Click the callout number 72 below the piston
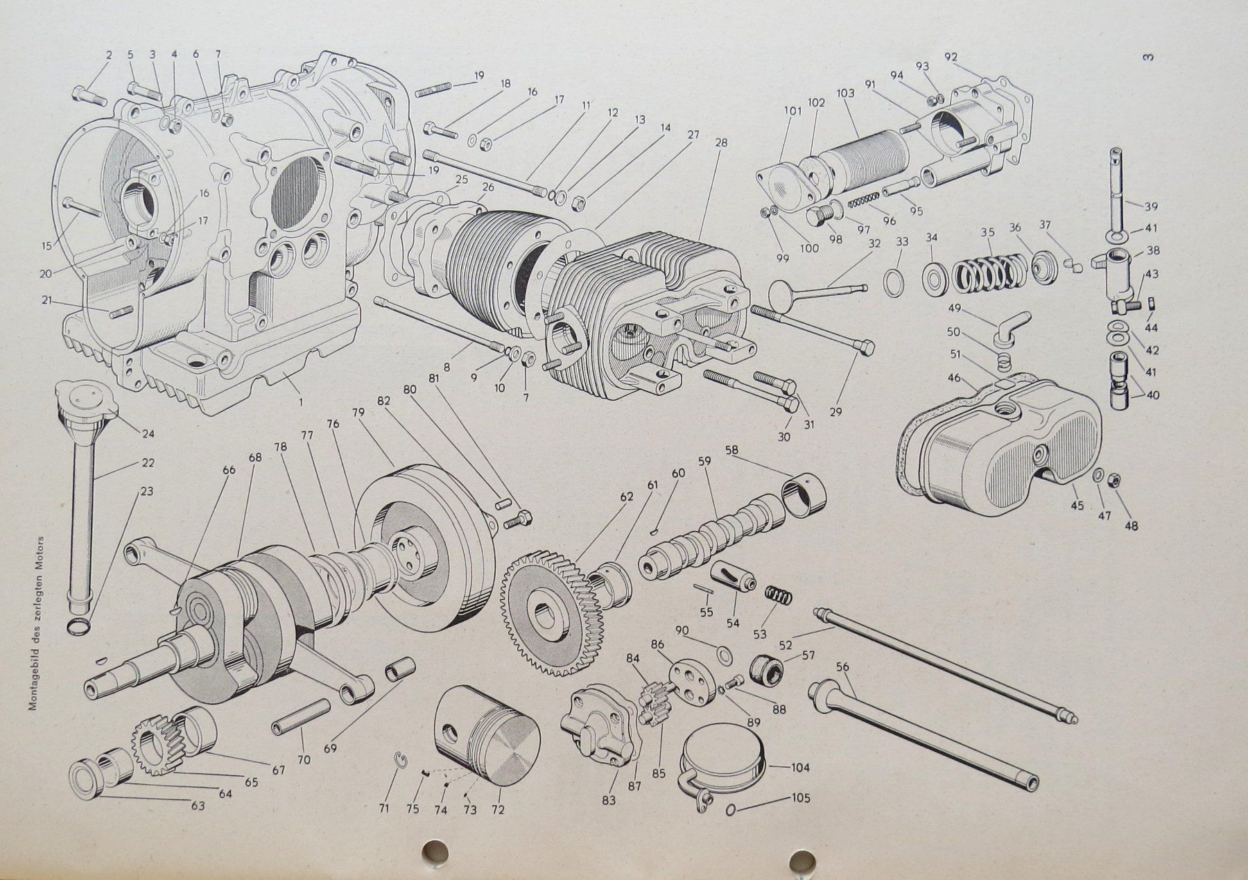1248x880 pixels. pyautogui.click(x=497, y=809)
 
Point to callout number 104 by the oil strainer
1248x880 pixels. pyautogui.click(x=799, y=768)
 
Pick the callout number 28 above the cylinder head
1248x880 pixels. pyautogui.click(x=720, y=143)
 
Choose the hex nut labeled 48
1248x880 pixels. pyautogui.click(x=1111, y=480)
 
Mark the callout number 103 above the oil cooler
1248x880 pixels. pyautogui.click(x=845, y=93)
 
